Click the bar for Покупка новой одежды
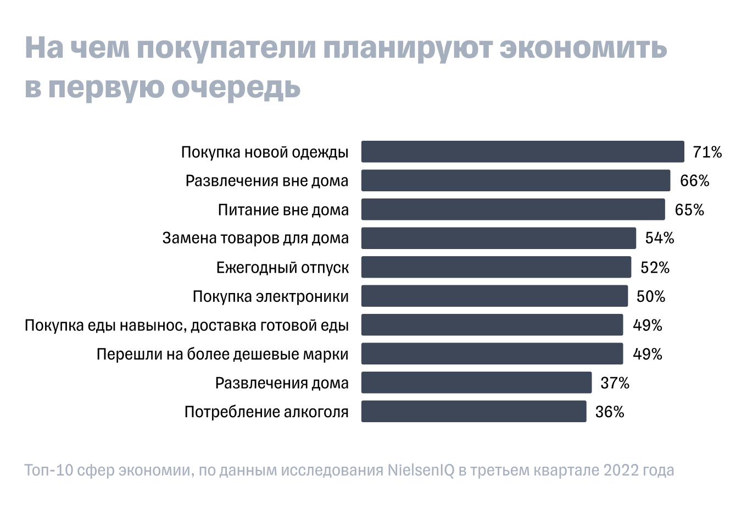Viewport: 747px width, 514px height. pos(522,152)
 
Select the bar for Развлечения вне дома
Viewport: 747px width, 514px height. pos(515,181)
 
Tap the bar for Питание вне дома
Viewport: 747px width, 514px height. pos(512,209)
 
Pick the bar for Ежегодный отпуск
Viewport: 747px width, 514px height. pos(495,267)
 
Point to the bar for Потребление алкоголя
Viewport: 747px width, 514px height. pos(473,412)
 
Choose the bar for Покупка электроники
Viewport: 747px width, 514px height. pos(494,296)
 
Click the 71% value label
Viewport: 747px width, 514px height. pos(707,152)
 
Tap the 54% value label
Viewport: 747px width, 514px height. pos(659,239)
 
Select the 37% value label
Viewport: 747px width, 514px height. pos(615,383)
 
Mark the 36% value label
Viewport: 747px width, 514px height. pos(609,412)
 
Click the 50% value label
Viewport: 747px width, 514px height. pos(650,297)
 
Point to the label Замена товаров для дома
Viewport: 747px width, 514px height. pos(255,239)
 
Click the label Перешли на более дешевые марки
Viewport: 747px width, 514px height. pos(222,354)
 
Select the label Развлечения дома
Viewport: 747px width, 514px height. pos(282,383)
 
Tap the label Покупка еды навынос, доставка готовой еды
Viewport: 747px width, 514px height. pos(187,325)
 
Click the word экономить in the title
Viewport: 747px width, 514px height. pos(583,48)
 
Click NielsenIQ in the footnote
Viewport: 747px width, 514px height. pos(421,471)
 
